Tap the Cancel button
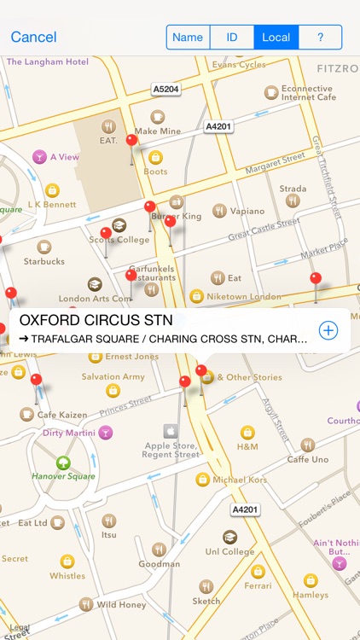pyautogui.click(x=34, y=37)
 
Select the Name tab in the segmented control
pyautogui.click(x=188, y=37)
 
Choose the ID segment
pyautogui.click(x=231, y=37)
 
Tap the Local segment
pyautogui.click(x=276, y=37)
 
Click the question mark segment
pyautogui.click(x=320, y=37)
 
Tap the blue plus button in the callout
pyautogui.click(x=328, y=330)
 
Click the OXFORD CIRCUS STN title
pyautogui.click(x=96, y=321)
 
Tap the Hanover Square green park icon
pyautogui.click(x=63, y=463)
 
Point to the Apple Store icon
pyautogui.click(x=171, y=431)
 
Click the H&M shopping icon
pyautogui.click(x=247, y=433)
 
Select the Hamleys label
pyautogui.click(x=311, y=595)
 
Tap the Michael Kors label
pyautogui.click(x=241, y=480)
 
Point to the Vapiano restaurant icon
pyautogui.click(x=219, y=211)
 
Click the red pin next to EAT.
pyautogui.click(x=131, y=141)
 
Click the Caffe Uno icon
pyautogui.click(x=308, y=445)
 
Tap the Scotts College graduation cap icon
pyautogui.click(x=119, y=225)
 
